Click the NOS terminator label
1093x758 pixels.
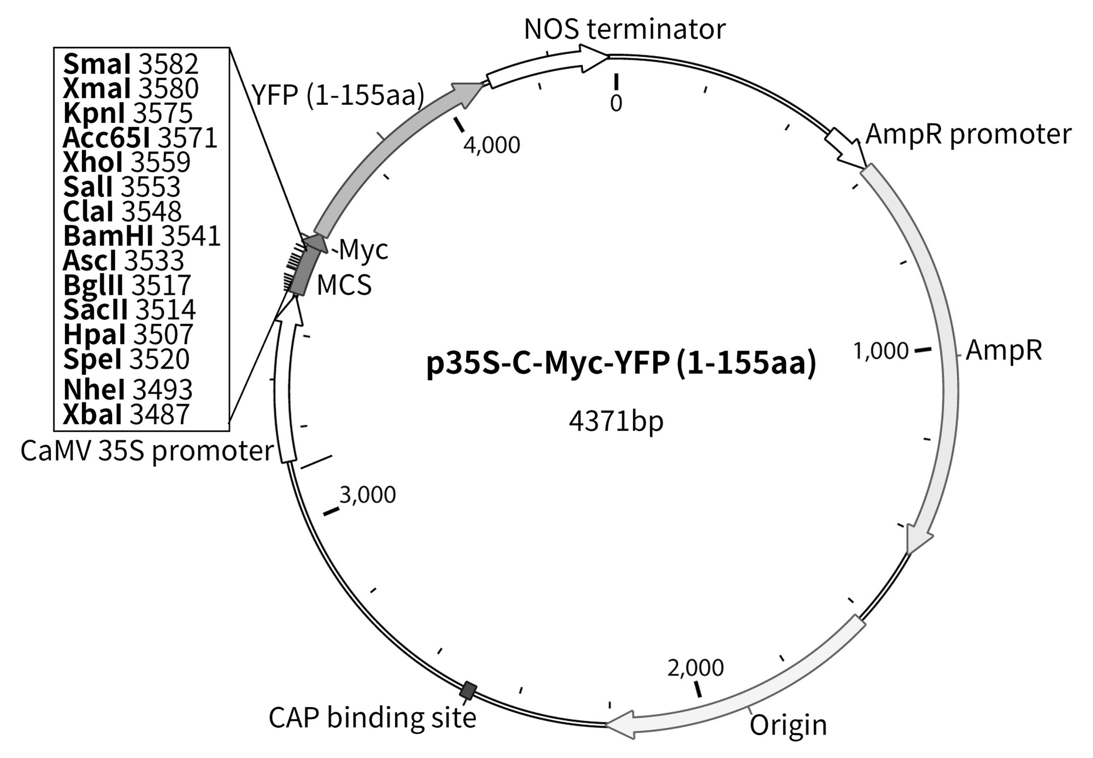point(624,29)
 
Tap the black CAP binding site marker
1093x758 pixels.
point(468,691)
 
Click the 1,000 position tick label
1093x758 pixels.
point(880,351)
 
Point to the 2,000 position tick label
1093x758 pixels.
point(695,667)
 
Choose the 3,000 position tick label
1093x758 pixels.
point(367,495)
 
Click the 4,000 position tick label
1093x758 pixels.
point(491,145)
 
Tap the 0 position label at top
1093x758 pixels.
point(616,103)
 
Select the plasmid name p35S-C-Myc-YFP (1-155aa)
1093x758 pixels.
point(621,363)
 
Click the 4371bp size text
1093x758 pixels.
point(616,421)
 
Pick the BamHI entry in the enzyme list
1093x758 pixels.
point(142,236)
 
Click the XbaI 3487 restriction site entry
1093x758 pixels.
point(126,414)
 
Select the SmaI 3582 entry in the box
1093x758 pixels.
point(131,64)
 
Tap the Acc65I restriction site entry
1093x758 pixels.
point(140,138)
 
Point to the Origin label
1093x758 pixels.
point(788,725)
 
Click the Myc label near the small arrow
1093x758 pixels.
point(363,250)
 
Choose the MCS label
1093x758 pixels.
point(344,285)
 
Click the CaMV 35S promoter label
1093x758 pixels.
point(147,451)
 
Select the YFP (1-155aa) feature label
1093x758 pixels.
point(338,95)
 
